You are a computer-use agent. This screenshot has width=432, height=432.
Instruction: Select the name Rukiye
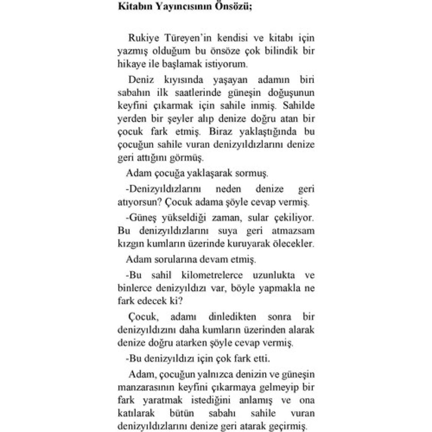tap(141, 38)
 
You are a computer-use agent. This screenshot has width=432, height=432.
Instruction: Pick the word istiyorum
tap(227, 64)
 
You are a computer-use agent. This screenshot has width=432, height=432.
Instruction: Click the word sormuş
tap(253, 174)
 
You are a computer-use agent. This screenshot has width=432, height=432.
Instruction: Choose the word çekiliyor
tap(294, 218)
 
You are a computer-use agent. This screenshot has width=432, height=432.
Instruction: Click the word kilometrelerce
tap(207, 275)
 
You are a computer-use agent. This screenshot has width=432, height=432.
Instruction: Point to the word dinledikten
tap(232, 317)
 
